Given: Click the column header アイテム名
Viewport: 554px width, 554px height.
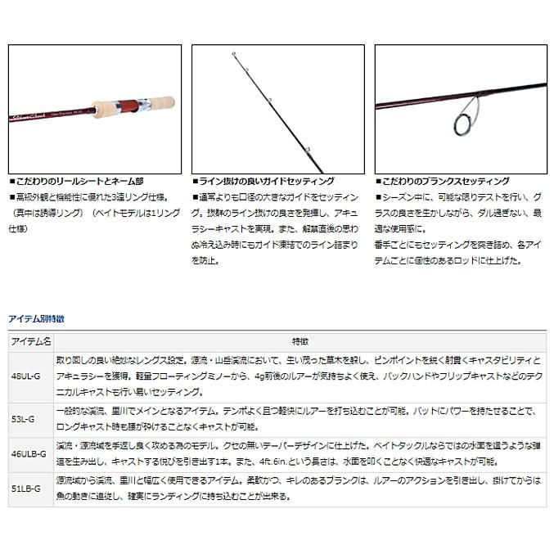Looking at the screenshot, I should [30, 340].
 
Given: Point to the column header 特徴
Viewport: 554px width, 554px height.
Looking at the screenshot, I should [300, 340].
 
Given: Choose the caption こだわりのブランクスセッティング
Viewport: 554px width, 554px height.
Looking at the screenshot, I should [444, 182].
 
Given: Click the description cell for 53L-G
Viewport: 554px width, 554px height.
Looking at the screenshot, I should [300, 419].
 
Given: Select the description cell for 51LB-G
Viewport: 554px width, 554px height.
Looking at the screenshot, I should [300, 489].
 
